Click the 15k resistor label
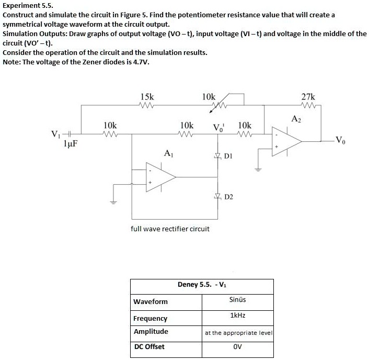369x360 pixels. click(147, 97)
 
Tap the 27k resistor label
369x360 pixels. click(308, 97)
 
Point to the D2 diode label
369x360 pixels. click(228, 197)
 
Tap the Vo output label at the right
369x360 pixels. click(340, 140)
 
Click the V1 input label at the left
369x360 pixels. click(54, 132)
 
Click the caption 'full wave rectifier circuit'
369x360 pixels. click(170, 229)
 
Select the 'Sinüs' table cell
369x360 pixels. click(237, 300)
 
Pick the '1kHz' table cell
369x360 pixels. click(237, 316)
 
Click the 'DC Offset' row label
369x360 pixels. click(149, 346)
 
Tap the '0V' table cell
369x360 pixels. click(237, 346)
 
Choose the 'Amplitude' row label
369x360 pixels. click(151, 331)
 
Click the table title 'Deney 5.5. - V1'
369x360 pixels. click(202, 285)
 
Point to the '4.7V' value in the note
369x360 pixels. click(140, 62)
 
